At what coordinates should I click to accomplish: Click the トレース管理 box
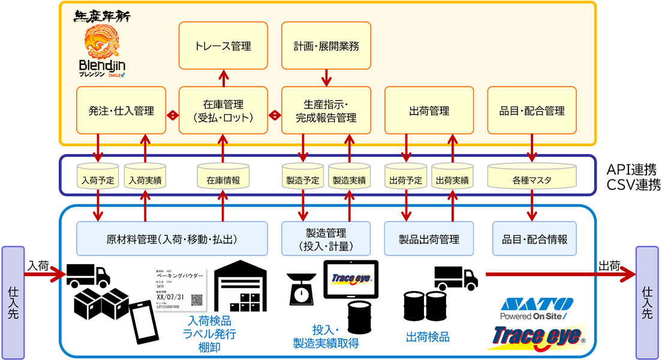point(223,46)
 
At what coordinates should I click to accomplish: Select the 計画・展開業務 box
point(326,46)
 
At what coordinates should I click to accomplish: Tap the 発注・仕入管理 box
point(121,110)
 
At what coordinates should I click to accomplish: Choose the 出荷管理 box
point(429,110)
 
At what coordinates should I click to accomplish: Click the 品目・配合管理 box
point(532,110)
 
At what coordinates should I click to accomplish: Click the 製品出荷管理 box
point(429,239)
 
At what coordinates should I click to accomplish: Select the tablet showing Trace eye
point(351,279)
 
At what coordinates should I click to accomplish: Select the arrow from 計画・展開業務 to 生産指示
point(326,78)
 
